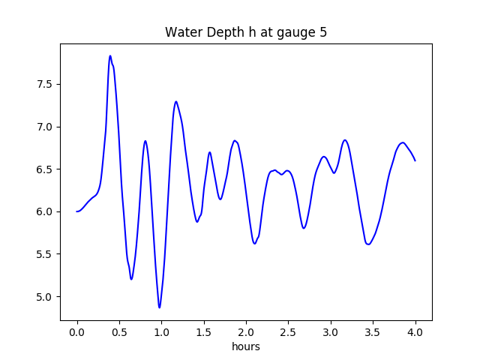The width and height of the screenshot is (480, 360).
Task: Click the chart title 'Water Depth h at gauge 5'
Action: (246, 33)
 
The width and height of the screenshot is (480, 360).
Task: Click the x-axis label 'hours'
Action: (246, 347)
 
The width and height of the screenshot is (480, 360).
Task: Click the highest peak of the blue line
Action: (110, 55)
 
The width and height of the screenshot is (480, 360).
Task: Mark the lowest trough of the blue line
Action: (159, 307)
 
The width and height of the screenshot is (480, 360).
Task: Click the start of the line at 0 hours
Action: (76, 211)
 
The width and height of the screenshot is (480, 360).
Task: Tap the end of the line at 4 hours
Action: (415, 160)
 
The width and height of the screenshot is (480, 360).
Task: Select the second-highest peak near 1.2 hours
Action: (176, 101)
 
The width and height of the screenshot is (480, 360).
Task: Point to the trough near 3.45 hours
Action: (368, 244)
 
